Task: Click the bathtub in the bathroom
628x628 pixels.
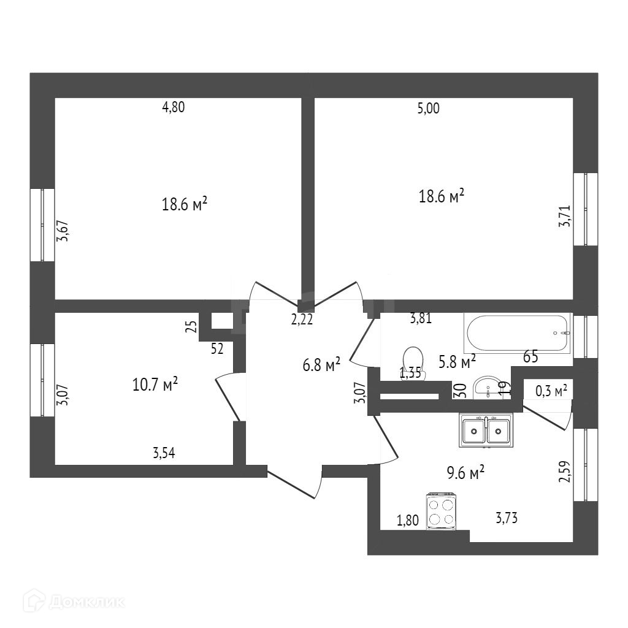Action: coord(519,333)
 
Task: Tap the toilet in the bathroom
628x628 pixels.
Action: coord(412,361)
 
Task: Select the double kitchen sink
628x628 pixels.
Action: coord(486,431)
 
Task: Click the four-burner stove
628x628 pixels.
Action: coord(442,511)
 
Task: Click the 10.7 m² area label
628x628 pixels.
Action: coord(155,385)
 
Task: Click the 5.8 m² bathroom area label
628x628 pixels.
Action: coord(456,362)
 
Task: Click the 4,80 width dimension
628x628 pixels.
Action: coord(173,107)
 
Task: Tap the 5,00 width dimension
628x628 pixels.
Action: coord(428,109)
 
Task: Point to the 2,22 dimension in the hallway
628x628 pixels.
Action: coord(302,320)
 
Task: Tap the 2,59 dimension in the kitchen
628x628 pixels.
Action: coord(564,473)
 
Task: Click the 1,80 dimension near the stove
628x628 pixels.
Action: coord(408,521)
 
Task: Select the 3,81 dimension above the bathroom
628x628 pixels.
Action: coord(422,318)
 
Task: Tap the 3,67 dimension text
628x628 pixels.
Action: coord(63,230)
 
